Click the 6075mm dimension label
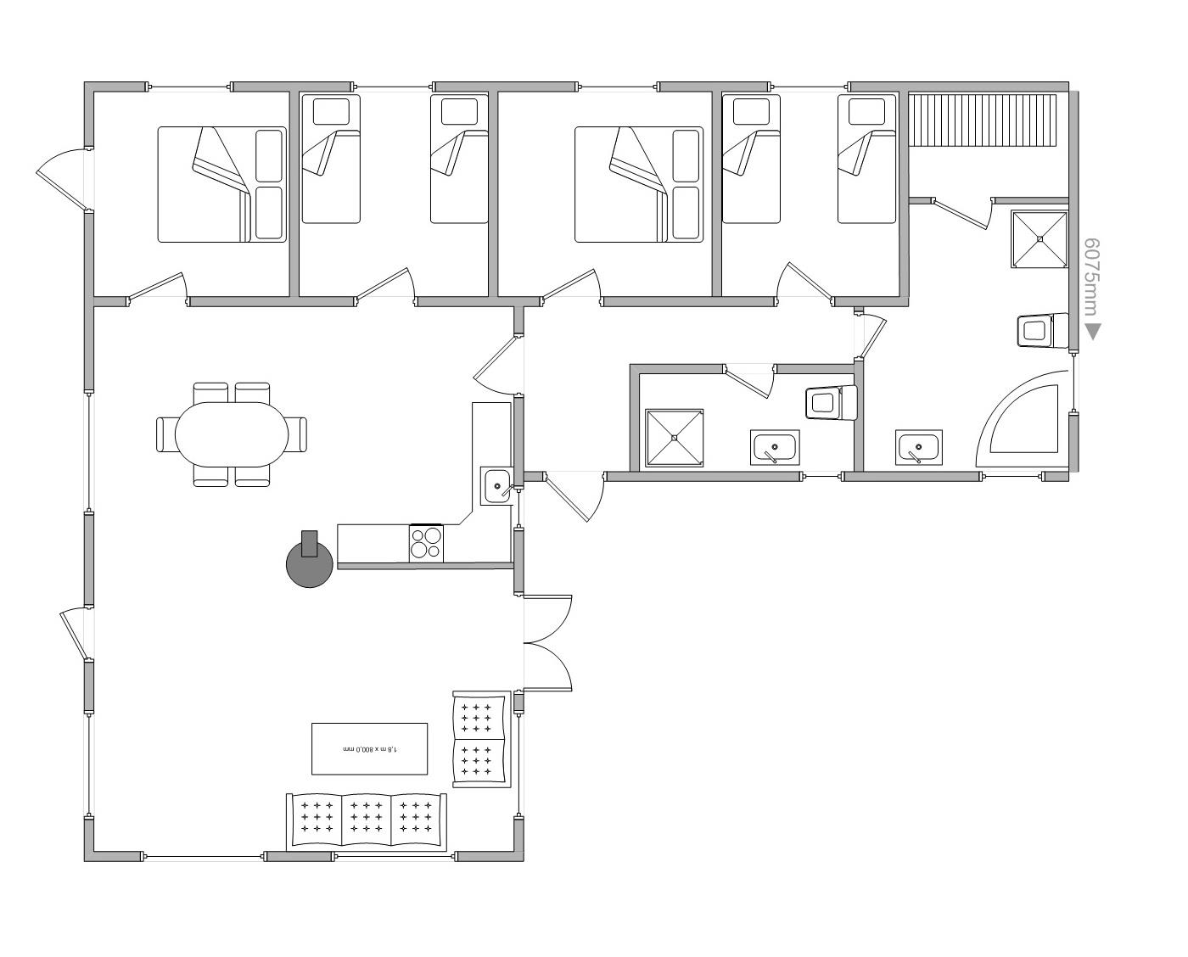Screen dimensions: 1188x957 (1092, 277)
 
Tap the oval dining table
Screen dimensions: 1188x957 (232, 434)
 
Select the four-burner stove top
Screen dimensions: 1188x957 (426, 543)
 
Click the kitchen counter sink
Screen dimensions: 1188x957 (496, 485)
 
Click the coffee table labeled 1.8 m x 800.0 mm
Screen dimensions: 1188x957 (370, 749)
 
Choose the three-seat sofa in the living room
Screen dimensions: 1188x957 (367, 820)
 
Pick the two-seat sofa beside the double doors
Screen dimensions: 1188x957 (481, 739)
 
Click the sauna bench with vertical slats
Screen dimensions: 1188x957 (983, 120)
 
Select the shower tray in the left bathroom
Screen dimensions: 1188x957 (674, 438)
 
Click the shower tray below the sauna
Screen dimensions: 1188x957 (1039, 239)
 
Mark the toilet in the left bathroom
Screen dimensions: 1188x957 (831, 403)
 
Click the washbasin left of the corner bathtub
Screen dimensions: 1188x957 (919, 447)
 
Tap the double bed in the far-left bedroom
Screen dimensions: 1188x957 (222, 184)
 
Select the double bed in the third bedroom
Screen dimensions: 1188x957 (639, 184)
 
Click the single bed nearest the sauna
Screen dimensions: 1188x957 (866, 159)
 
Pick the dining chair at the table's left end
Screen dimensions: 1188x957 (165, 434)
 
